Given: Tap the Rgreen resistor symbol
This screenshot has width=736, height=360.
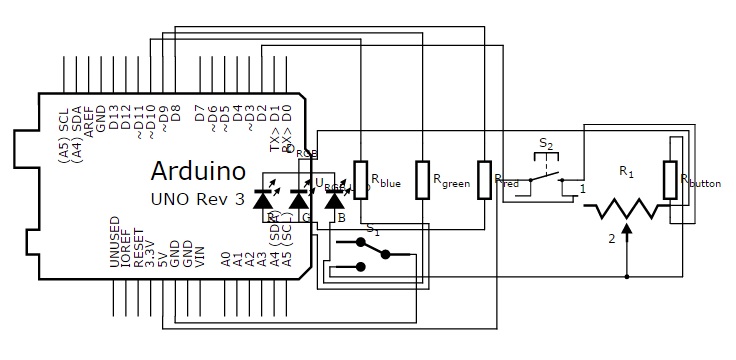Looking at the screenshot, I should pyautogui.click(x=423, y=179).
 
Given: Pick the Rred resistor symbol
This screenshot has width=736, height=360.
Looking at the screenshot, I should pyautogui.click(x=485, y=179).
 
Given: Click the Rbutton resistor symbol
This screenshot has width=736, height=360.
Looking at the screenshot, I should pyautogui.click(x=671, y=180).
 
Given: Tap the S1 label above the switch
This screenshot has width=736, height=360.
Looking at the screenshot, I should pyautogui.click(x=372, y=229).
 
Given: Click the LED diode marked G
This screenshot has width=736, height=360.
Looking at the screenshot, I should pyautogui.click(x=299, y=200).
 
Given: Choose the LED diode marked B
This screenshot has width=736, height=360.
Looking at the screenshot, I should pyautogui.click(x=335, y=200).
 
